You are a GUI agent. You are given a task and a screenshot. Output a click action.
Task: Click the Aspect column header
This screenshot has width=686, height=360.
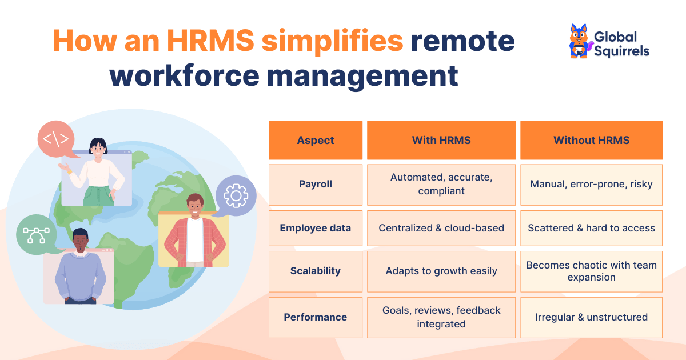[316, 140]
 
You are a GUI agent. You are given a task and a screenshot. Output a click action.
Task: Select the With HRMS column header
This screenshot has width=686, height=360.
[441, 140]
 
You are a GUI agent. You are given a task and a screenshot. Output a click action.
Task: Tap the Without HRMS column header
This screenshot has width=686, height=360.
[591, 140]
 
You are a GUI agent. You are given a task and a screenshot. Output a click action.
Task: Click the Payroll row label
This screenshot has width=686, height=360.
[316, 184]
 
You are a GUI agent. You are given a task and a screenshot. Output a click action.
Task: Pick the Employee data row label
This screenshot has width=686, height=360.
[316, 228]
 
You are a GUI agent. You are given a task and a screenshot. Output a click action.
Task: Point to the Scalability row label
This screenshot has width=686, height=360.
[316, 271]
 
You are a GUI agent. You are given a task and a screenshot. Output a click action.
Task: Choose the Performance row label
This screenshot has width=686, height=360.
[316, 317]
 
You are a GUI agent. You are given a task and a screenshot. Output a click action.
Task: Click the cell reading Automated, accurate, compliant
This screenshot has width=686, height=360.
[441, 184]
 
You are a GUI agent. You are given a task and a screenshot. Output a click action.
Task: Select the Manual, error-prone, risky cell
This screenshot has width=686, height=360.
[591, 184]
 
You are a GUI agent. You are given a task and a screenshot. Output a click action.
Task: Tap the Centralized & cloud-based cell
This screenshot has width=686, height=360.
[441, 228]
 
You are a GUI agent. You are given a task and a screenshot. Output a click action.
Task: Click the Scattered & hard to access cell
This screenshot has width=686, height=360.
[591, 228]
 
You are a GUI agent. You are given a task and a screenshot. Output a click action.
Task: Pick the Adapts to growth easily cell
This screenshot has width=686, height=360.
[441, 271]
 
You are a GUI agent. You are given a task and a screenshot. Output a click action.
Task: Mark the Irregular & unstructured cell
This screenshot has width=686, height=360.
[591, 317]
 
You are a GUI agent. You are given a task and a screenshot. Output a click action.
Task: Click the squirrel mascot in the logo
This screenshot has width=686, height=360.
[579, 42]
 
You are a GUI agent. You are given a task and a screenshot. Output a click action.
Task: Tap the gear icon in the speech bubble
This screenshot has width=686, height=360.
[236, 195]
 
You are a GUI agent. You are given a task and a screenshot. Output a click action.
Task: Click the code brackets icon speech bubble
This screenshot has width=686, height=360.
[56, 139]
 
